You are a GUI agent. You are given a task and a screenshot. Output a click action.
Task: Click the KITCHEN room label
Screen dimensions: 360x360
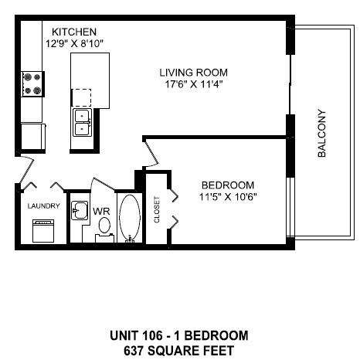point(73,31)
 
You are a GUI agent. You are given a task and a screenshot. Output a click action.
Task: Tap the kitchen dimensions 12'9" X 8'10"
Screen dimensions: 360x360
point(76,42)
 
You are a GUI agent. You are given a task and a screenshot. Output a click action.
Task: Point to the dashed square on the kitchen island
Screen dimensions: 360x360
point(81,97)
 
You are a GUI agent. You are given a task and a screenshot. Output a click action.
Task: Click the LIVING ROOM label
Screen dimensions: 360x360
point(193,73)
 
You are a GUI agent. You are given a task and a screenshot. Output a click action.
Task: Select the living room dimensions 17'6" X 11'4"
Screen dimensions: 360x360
point(193,86)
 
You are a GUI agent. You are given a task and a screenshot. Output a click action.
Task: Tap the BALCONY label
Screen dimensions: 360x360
point(322,134)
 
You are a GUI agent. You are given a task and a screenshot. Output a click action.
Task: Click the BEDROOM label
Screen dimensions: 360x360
point(228,185)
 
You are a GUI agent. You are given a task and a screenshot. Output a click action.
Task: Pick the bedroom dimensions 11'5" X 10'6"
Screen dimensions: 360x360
point(228,196)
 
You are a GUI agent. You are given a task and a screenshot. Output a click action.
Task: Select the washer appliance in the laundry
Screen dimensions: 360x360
point(42,230)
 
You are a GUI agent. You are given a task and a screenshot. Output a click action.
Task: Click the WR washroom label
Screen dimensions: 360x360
point(101,210)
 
